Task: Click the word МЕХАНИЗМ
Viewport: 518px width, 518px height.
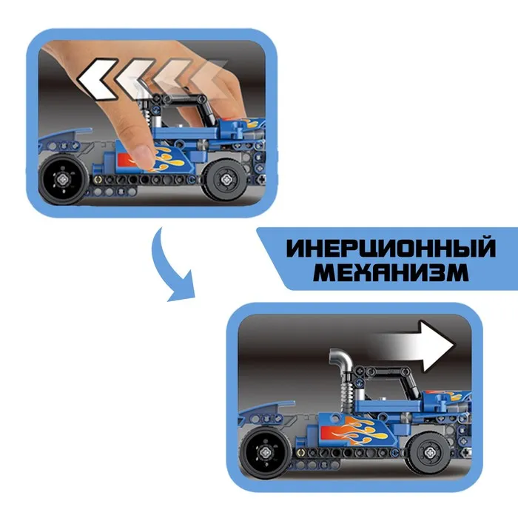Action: pos(391,272)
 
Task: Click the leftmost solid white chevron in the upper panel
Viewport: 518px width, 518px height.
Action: pos(98,79)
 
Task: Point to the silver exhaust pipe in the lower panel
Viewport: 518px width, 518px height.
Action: pos(341,361)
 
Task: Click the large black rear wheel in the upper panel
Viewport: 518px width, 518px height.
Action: pos(63,179)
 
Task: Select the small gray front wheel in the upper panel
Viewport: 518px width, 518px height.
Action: pos(226,180)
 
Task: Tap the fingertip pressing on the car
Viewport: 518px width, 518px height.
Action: pos(144,154)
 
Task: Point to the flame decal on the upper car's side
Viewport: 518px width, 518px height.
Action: pos(169,159)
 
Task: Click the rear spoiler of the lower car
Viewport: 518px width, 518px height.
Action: pos(266,409)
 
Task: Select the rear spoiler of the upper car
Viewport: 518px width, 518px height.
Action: pos(65,136)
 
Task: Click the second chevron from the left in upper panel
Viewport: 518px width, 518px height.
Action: pos(134,79)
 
